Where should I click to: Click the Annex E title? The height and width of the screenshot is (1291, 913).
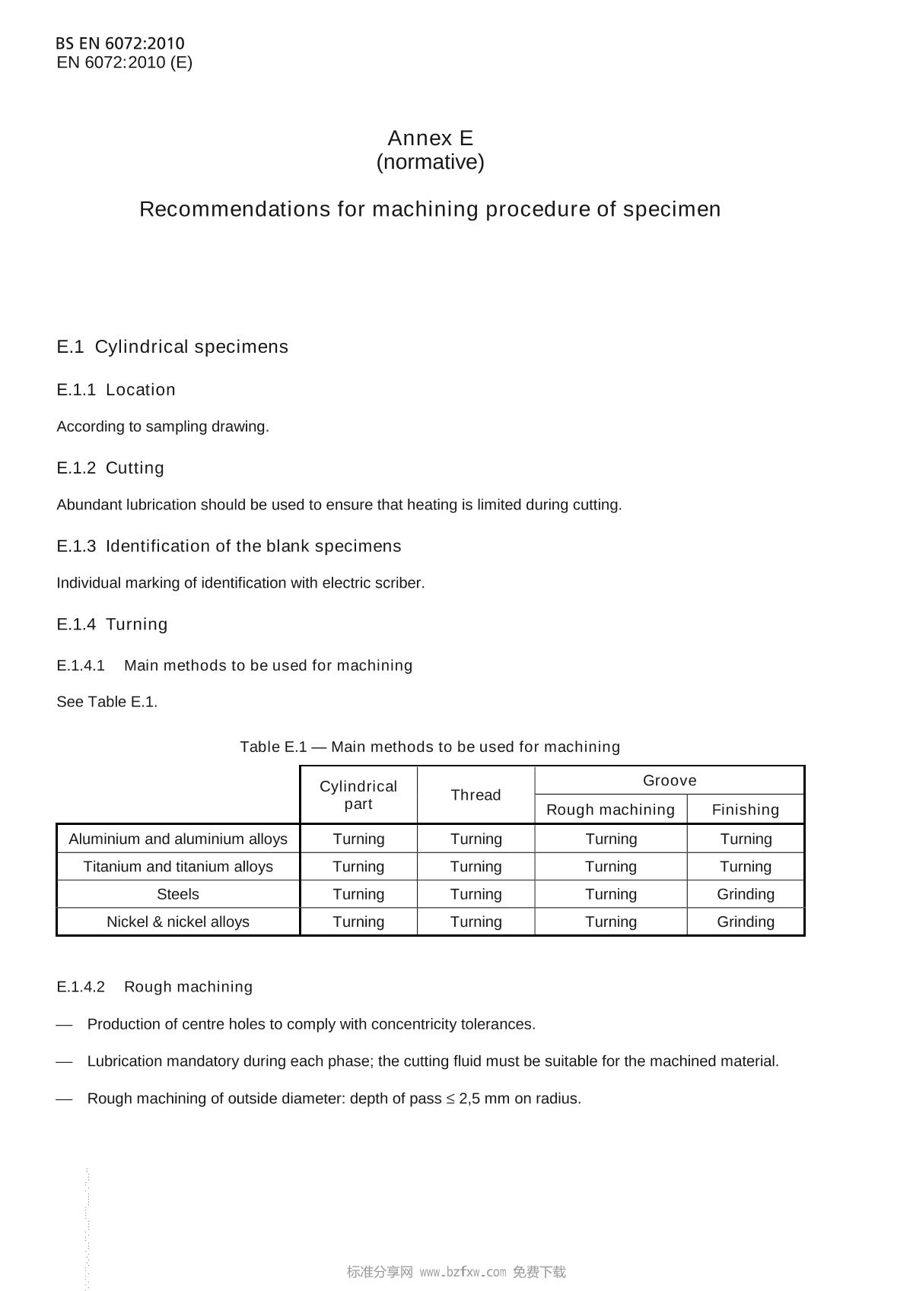[430, 138]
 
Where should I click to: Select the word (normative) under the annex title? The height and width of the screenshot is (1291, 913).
[430, 162]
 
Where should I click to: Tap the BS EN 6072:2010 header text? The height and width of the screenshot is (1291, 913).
[120, 43]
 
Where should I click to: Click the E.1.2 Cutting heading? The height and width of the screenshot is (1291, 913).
[110, 468]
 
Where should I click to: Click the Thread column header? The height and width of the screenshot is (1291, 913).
[476, 795]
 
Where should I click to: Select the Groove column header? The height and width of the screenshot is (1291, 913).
[670, 781]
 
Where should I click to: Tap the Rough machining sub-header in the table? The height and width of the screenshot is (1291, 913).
[610, 810]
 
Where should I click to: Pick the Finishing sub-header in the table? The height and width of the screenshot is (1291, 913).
[746, 810]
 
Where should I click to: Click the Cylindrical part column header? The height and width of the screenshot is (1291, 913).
[358, 795]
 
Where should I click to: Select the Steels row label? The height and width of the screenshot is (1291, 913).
[178, 894]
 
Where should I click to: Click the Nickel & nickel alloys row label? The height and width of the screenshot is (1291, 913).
[178, 921]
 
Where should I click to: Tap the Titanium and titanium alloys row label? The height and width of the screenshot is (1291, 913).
[178, 867]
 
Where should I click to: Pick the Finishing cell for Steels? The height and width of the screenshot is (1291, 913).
[746, 894]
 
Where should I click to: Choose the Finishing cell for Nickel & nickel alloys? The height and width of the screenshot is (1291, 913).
[746, 921]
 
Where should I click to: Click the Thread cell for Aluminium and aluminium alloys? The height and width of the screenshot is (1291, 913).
[476, 839]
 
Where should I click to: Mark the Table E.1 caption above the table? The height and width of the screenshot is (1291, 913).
[430, 747]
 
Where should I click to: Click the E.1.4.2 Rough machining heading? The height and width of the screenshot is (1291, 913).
[154, 987]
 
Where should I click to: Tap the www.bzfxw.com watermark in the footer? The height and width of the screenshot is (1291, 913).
[463, 1272]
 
